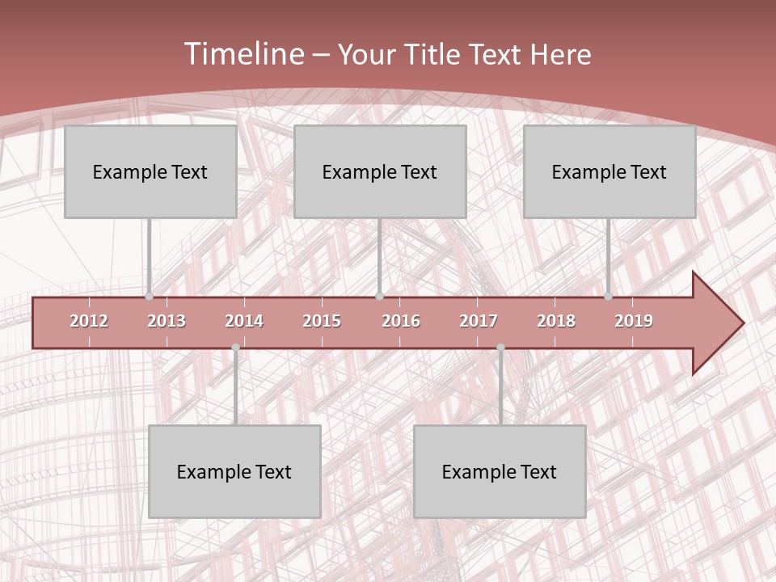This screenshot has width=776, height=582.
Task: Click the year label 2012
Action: [x=89, y=321]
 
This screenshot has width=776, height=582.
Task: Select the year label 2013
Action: [x=167, y=321]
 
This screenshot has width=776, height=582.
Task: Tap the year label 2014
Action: [x=244, y=321]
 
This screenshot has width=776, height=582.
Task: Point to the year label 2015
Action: [x=322, y=321]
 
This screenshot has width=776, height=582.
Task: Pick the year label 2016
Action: [x=401, y=321]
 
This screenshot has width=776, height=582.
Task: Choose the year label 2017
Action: [x=479, y=321]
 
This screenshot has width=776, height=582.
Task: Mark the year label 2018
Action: [x=556, y=321]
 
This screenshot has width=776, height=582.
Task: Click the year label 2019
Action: [x=634, y=321]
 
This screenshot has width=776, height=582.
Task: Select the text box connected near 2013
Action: [x=150, y=171]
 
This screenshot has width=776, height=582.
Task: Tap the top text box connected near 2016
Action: [x=380, y=171]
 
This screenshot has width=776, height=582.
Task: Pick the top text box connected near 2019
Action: [x=609, y=171]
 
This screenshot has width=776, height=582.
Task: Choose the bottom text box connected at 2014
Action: [x=234, y=471]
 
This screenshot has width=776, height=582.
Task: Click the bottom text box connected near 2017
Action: [x=500, y=471]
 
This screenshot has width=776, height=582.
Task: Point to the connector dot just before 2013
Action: [x=149, y=297]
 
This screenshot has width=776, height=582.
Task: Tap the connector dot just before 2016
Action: [x=379, y=297]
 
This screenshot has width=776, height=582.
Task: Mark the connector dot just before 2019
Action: [x=608, y=297]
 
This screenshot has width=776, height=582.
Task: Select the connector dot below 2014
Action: [x=235, y=348]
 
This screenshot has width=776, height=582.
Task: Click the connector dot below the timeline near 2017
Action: [x=500, y=348]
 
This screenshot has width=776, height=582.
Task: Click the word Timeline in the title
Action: [x=243, y=53]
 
